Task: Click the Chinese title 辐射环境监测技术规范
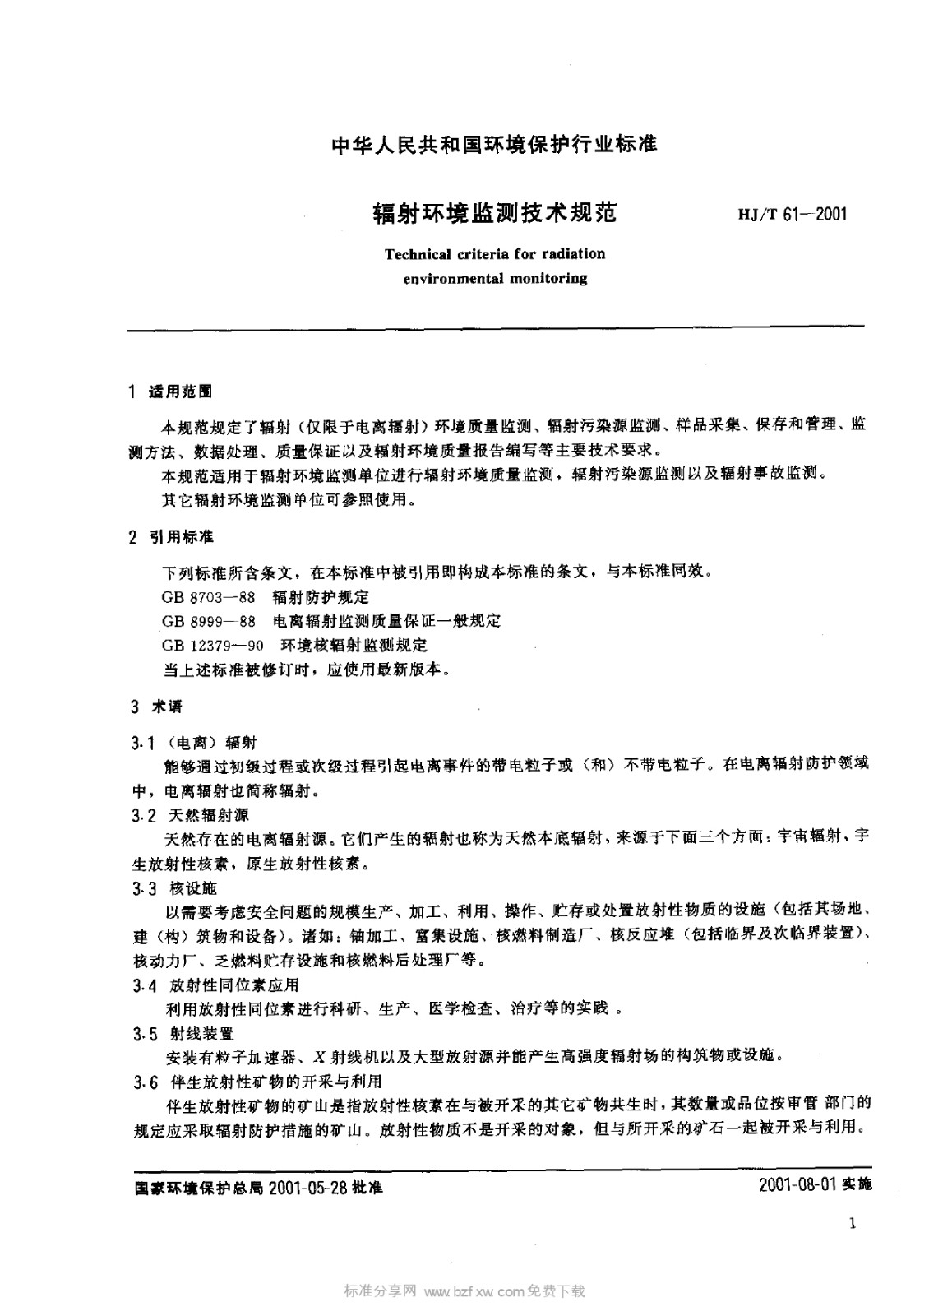(x=494, y=214)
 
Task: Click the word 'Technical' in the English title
(x=418, y=254)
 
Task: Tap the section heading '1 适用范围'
(x=171, y=392)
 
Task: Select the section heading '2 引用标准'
(x=171, y=537)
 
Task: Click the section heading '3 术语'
(x=156, y=706)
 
